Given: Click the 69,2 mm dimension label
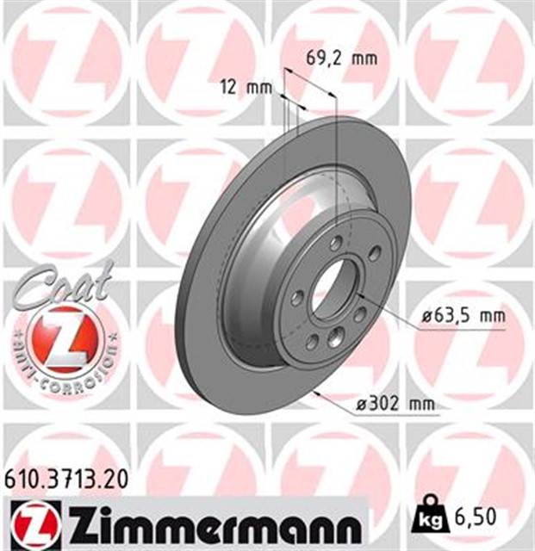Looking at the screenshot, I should [342, 59].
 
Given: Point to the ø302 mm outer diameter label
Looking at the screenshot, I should [393, 403].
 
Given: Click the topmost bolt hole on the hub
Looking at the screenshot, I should [337, 243].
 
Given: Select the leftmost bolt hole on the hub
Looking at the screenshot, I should [297, 297].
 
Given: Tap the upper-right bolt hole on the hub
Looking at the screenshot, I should [375, 254].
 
